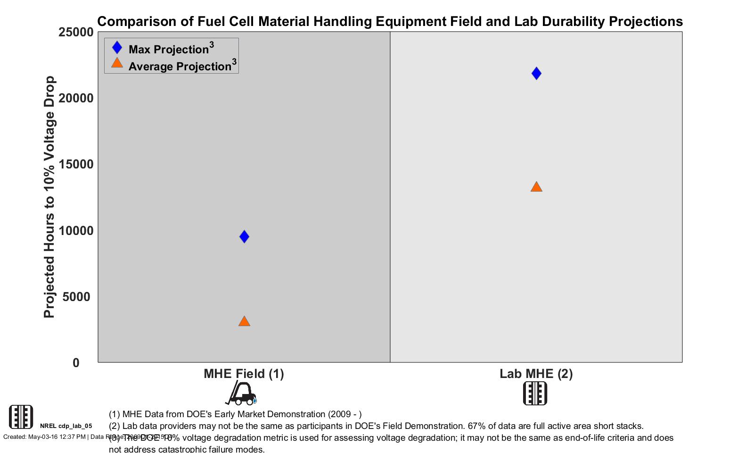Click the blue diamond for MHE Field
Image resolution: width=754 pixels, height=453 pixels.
pos(244,236)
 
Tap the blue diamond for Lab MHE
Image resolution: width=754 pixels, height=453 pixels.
pos(536,73)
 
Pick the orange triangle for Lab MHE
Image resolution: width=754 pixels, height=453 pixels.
pos(536,187)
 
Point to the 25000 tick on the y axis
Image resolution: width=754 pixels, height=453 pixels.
pos(76,32)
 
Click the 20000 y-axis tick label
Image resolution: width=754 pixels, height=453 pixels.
pos(76,98)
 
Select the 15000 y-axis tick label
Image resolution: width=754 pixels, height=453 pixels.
pos(76,164)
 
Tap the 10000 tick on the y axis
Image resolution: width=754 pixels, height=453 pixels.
pos(76,231)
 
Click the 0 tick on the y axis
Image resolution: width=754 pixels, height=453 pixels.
pos(76,363)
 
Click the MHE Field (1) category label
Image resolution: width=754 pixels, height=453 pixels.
pos(244,374)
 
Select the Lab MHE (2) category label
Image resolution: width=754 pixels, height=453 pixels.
pos(536,374)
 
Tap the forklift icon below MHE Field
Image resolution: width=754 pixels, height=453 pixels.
pos(241,393)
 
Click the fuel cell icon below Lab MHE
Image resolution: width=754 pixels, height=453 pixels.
pos(535,393)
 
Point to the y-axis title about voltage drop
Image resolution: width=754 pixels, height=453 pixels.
pos(49,197)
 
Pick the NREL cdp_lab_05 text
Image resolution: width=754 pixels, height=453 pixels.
pos(66,426)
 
